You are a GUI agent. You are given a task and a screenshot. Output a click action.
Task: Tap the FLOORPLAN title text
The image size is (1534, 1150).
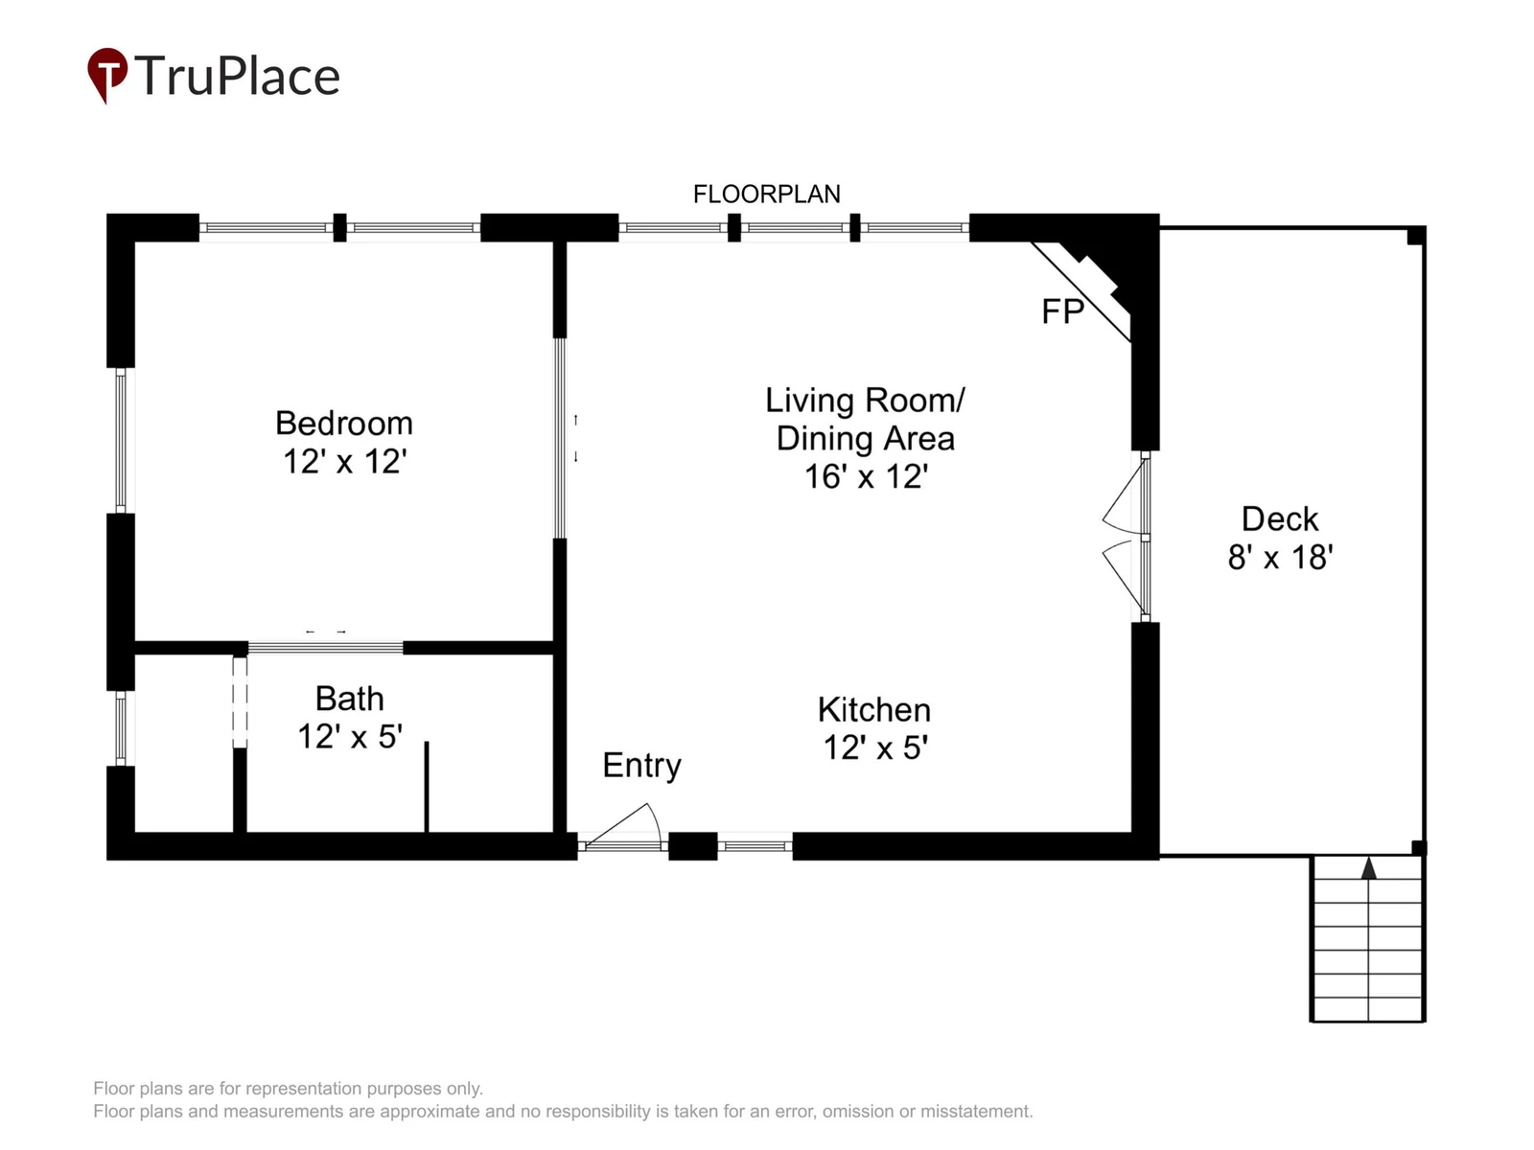pyautogui.click(x=766, y=195)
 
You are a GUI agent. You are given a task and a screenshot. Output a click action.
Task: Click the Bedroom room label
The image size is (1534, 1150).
pyautogui.click(x=344, y=424)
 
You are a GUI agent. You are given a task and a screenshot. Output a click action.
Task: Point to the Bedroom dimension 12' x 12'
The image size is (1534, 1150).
pyautogui.click(x=344, y=462)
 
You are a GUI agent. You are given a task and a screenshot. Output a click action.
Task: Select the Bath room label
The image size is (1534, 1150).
pyautogui.click(x=349, y=699)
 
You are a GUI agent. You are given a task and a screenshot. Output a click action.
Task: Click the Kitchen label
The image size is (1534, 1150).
pyautogui.click(x=874, y=709)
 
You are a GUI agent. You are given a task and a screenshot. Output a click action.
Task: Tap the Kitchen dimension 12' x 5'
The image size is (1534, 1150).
pyautogui.click(x=875, y=747)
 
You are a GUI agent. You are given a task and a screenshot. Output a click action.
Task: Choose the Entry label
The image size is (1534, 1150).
pyautogui.click(x=641, y=766)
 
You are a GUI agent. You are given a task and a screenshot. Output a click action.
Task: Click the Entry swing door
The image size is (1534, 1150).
pyautogui.click(x=622, y=827)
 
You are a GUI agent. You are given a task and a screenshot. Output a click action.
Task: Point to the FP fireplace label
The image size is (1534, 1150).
pyautogui.click(x=1062, y=311)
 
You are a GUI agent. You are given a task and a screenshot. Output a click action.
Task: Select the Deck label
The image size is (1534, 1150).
pyautogui.click(x=1280, y=518)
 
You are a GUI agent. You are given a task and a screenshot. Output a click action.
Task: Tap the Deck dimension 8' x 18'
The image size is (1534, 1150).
pyautogui.click(x=1280, y=557)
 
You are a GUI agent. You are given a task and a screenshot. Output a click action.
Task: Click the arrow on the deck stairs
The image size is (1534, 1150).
pyautogui.click(x=1368, y=868)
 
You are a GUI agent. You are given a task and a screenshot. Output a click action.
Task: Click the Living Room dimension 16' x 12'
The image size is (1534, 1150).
pyautogui.click(x=866, y=477)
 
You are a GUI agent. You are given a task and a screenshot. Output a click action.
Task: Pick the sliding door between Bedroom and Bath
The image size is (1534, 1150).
pyautogui.click(x=326, y=648)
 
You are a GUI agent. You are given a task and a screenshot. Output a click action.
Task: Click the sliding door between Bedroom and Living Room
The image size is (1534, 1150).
pyautogui.click(x=560, y=438)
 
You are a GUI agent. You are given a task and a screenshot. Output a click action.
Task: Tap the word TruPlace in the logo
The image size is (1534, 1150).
pyautogui.click(x=237, y=76)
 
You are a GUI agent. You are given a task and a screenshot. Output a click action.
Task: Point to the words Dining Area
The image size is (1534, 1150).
pyautogui.click(x=865, y=439)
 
